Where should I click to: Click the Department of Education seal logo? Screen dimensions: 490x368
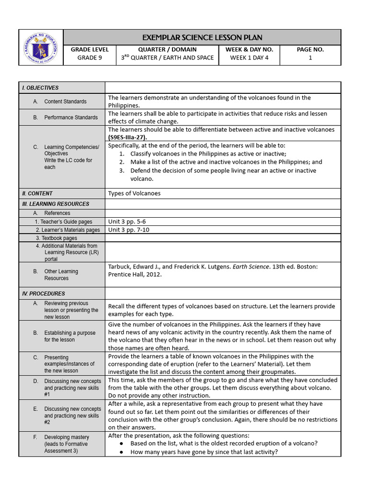[41, 47]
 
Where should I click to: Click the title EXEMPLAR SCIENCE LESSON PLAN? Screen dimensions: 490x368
[202, 37]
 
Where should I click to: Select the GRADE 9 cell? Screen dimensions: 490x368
[90, 58]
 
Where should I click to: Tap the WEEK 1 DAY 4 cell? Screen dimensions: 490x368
[249, 58]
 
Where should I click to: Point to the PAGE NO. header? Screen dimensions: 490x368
[310, 49]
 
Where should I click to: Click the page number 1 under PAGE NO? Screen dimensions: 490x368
[310, 58]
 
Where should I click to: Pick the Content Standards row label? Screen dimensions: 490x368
[65, 101]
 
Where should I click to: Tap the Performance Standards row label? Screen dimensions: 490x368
[71, 117]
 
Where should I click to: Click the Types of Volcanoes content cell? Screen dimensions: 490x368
[134, 193]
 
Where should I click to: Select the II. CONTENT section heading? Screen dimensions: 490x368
[37, 193]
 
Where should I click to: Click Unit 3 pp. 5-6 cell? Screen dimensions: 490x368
[127, 222]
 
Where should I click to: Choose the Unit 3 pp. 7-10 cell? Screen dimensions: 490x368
[128, 230]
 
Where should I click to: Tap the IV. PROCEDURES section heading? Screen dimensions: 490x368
[43, 293]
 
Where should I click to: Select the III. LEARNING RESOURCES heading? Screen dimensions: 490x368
[55, 204]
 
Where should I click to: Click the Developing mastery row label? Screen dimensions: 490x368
[67, 437]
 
